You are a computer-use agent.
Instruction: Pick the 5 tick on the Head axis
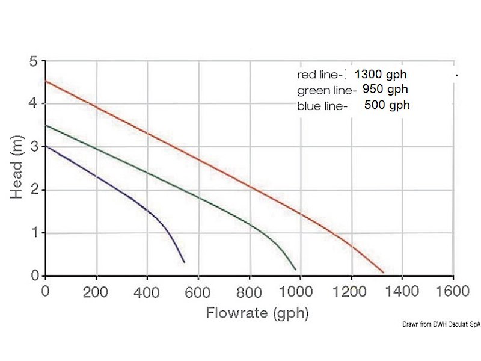[34, 61]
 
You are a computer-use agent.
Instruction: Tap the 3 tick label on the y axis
[34, 147]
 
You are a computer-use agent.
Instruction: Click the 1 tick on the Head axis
[34, 233]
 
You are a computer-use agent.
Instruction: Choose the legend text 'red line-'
[320, 75]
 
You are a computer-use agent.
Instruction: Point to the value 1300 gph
[381, 75]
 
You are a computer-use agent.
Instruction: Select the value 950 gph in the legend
[385, 90]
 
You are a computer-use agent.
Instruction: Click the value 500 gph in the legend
[387, 105]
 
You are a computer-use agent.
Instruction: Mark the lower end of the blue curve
[184, 262]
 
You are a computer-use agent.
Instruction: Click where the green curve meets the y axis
[46, 125]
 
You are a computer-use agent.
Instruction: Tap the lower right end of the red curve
[384, 273]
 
